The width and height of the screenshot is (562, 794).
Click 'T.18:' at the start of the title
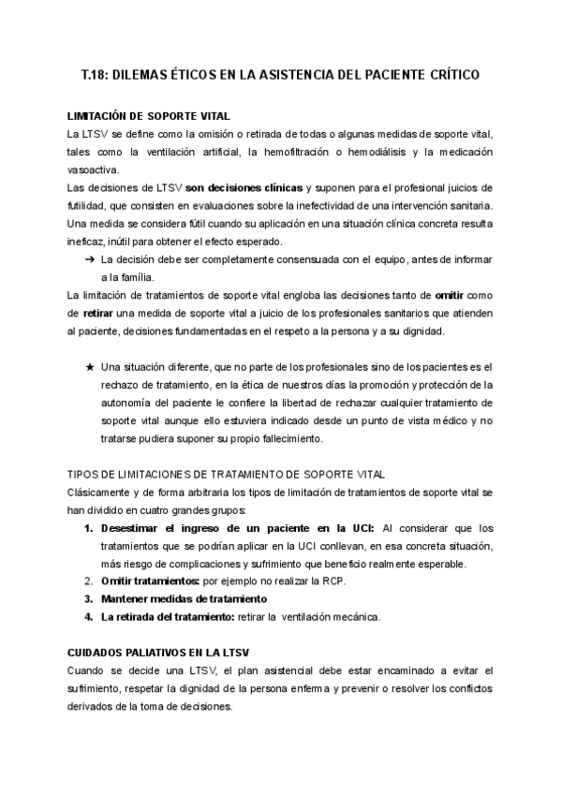click(x=96, y=75)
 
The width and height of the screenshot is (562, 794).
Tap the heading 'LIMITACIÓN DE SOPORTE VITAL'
click(x=148, y=117)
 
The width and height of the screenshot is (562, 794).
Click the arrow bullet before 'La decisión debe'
click(x=90, y=259)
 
